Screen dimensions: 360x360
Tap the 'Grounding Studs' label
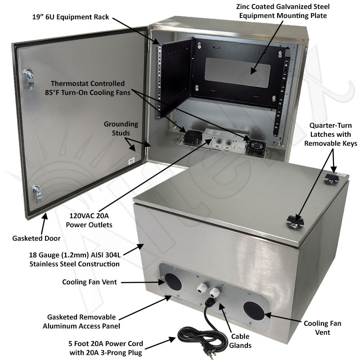[121, 128]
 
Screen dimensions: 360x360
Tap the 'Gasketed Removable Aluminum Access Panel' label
[80, 321]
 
